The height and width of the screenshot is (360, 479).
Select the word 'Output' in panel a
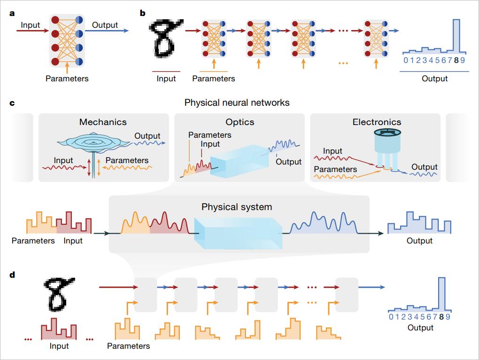105,24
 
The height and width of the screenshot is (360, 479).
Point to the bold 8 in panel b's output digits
456,60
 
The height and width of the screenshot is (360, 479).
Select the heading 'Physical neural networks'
237,102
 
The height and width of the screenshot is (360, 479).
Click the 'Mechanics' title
103,122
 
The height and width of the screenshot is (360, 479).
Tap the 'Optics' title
239,122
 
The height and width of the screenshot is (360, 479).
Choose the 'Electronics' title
377,122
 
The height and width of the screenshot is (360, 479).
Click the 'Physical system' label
237,207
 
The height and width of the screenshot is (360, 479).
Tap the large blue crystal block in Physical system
239,234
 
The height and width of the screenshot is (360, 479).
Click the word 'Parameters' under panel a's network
67,78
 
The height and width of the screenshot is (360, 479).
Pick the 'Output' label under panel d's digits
420,327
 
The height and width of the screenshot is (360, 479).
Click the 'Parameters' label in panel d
128,346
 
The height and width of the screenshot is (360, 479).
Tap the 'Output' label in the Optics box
288,162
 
